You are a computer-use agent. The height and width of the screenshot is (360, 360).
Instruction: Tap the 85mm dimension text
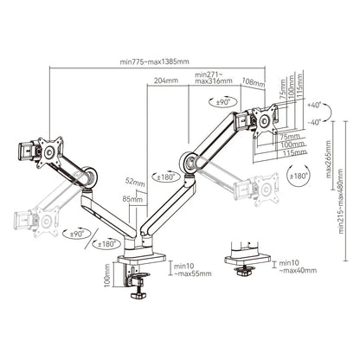pyautogui.click(x=132, y=200)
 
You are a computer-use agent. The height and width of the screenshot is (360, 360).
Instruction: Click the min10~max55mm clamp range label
pyautogui.click(x=190, y=270)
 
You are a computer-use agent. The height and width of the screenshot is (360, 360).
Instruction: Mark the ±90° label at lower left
pyautogui.click(x=75, y=234)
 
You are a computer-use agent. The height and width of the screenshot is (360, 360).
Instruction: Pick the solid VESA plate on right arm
pyautogui.click(x=263, y=119)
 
